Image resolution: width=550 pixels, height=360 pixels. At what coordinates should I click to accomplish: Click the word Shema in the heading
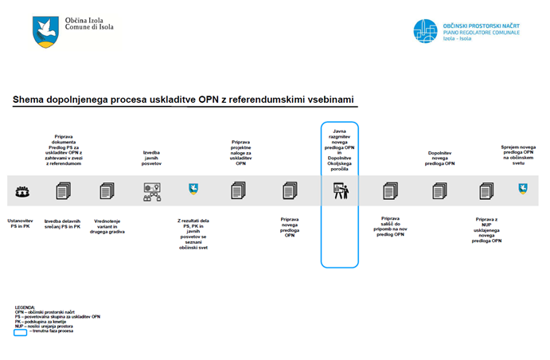pyautogui.click(x=29, y=100)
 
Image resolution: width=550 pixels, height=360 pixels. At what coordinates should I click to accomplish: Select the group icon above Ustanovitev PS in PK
pyautogui.click(x=22, y=191)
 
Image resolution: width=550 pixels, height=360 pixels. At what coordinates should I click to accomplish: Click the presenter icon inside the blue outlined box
pyautogui.click(x=340, y=191)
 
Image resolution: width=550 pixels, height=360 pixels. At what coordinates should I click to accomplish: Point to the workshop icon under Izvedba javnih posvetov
pyautogui.click(x=151, y=191)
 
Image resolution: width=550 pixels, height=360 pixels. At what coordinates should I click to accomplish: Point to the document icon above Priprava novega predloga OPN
pyautogui.click(x=289, y=191)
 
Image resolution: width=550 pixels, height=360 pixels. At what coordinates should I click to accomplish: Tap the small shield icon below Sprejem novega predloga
pyautogui.click(x=523, y=189)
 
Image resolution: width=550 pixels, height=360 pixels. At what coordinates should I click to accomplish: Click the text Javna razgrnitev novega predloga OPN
pyautogui.click(x=340, y=140)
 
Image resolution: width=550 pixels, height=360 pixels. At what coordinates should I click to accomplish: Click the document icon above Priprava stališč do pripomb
pyautogui.click(x=389, y=191)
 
